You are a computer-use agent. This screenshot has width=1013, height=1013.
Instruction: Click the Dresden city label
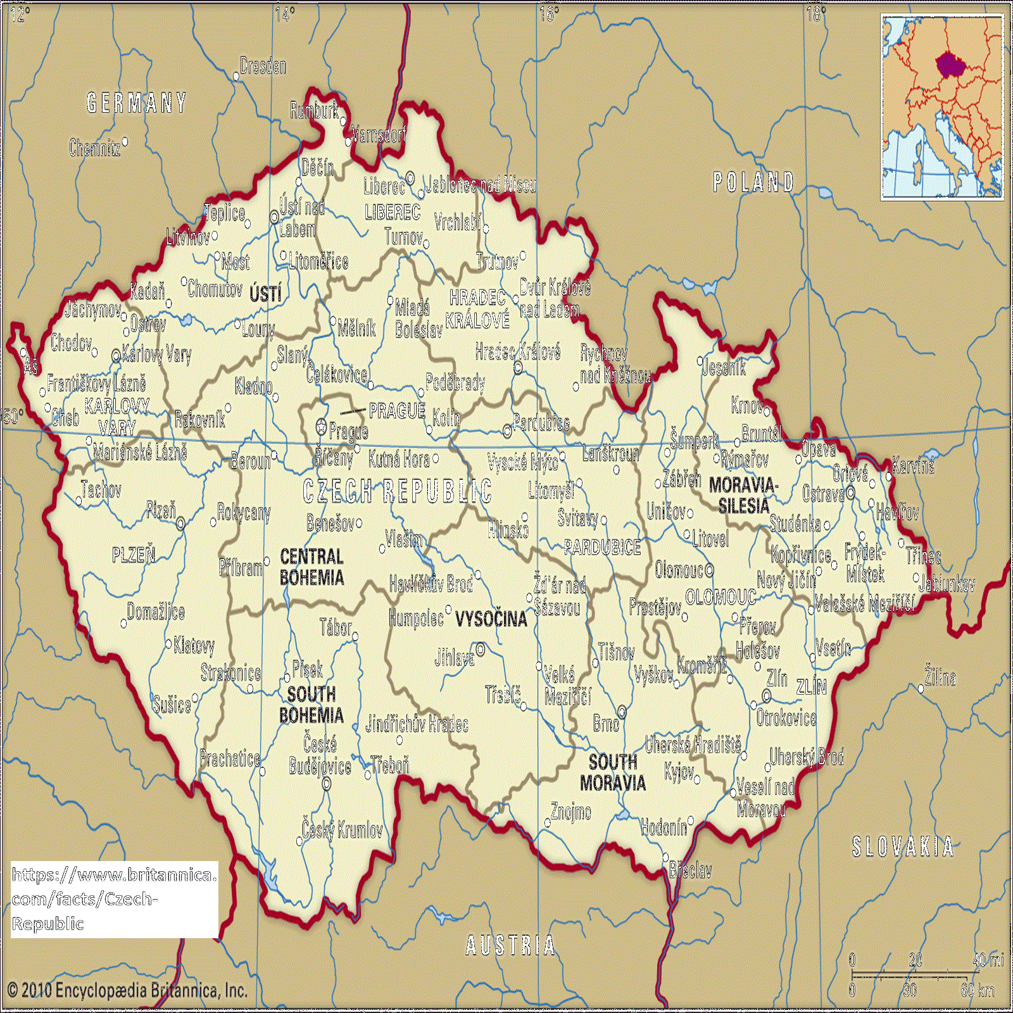point(263,66)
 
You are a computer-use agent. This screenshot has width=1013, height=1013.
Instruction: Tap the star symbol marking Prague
point(322,428)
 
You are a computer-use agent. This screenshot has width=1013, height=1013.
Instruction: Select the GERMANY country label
point(137,103)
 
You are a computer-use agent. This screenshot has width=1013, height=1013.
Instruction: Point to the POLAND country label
point(753,182)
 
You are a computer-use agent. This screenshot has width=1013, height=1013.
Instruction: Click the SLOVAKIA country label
point(902,847)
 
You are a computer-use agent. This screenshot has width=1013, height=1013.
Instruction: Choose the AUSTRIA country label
point(510,946)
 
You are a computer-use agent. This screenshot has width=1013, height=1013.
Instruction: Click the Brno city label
point(606,723)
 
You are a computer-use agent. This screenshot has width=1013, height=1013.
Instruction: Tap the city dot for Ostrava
point(850,493)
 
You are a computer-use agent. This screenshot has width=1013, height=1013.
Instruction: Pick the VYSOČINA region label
point(491,619)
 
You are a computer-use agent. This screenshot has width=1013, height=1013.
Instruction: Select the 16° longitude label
point(549,14)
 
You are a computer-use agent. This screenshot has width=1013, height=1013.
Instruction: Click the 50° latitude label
point(14,417)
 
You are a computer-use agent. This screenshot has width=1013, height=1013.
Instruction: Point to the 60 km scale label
point(978,990)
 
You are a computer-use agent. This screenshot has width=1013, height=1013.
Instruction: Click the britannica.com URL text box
point(114,899)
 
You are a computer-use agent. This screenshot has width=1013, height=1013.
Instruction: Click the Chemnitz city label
point(95,148)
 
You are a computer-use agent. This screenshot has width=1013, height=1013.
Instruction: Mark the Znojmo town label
point(570,812)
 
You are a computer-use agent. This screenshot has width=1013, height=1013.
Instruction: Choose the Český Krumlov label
point(342,830)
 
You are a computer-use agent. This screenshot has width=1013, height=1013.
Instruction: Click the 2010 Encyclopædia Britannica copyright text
point(127,990)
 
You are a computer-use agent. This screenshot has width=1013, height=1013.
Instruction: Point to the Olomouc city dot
point(709,570)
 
